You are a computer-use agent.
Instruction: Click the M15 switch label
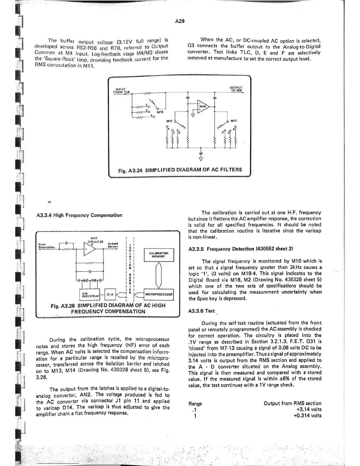(x=160, y=112)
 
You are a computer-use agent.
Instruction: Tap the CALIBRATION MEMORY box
(x=159, y=255)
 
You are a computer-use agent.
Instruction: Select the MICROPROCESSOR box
(x=159, y=294)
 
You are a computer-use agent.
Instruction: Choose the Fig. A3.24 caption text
(x=180, y=170)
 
